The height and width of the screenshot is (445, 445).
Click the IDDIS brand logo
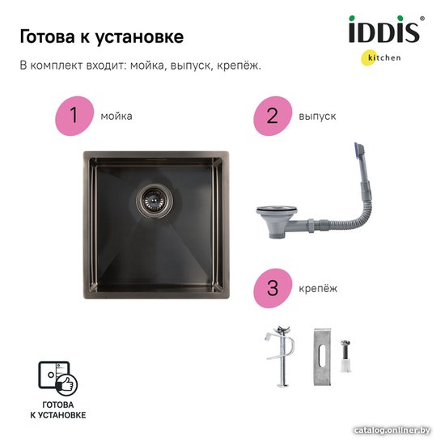[384, 29]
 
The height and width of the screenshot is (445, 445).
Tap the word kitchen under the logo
[384, 57]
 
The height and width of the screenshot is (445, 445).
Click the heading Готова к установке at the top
[102, 37]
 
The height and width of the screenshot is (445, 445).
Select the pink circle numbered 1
[74, 116]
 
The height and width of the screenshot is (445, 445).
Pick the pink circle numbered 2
[273, 116]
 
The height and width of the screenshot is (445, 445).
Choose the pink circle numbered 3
[273, 288]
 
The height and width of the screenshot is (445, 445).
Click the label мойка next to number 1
[117, 117]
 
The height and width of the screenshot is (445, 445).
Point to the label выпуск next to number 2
[317, 117]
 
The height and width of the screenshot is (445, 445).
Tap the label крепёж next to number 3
[318, 289]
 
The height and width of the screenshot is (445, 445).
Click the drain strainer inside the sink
[154, 201]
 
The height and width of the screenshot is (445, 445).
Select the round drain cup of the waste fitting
[277, 221]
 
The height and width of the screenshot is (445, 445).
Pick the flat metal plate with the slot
[322, 357]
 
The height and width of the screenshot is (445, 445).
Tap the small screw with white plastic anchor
[345, 356]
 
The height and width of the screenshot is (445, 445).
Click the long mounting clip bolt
[282, 357]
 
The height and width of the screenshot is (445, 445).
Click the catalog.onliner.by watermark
[392, 430]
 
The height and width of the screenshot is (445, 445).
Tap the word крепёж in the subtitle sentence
[239, 66]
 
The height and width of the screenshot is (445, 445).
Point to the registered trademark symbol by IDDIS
[422, 19]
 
